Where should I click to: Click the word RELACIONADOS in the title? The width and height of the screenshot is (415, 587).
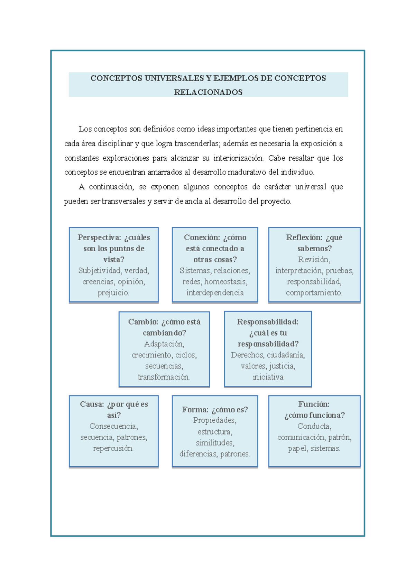pos(208,92)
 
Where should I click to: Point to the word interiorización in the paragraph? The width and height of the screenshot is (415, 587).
pos(238,158)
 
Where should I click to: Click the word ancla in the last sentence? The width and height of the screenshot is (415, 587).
pos(194,201)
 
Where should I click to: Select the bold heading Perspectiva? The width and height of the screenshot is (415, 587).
pos(99,237)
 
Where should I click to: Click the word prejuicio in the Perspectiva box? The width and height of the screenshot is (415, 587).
pos(113,293)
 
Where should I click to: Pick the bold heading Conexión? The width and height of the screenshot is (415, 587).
pos(202,237)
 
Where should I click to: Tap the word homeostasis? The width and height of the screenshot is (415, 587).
pos(225,282)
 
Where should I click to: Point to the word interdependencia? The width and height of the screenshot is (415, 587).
pos(215,293)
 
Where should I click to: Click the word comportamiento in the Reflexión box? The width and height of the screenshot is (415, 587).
pos(314,293)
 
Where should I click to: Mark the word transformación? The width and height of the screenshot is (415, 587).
pos(164,377)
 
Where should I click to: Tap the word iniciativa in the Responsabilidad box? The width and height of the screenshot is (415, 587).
pos(268,377)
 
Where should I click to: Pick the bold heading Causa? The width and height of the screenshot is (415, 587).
pos(92,404)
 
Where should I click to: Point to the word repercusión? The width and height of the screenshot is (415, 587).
pos(113,448)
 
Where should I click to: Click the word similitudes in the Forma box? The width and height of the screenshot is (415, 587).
pos(215,443)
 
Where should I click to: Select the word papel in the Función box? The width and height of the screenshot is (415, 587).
pos(297,448)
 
